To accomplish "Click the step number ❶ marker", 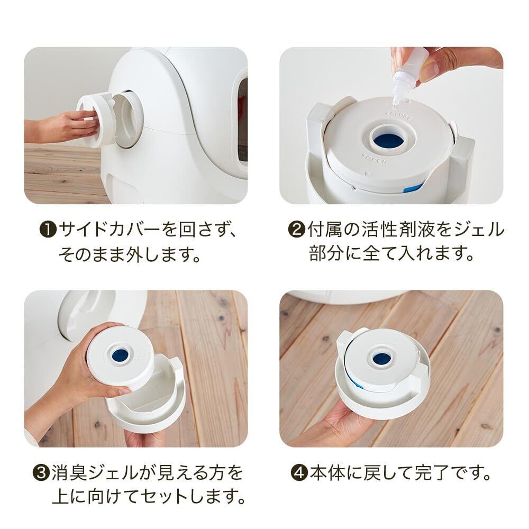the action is point(48,230).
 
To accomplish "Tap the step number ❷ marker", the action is point(296,230).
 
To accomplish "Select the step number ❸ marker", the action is point(41,473).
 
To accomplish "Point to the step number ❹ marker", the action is point(299,473).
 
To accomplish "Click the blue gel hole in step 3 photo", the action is point(120,354).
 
